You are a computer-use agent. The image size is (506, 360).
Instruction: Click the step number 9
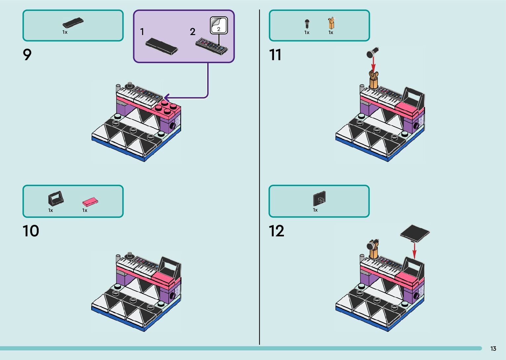(27, 55)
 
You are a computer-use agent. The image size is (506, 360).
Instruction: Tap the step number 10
(31, 231)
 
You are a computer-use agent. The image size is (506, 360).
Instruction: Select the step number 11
(275, 55)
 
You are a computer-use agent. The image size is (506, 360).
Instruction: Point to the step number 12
(276, 231)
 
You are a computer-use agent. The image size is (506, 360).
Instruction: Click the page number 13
(493, 349)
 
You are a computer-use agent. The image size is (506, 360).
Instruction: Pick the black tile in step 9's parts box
(73, 23)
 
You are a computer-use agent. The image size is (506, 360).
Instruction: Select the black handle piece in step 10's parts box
(56, 199)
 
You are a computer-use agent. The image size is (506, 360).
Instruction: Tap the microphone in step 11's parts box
(307, 24)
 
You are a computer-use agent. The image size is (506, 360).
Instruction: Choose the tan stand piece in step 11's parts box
(331, 23)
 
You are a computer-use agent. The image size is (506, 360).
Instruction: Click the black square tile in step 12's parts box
(319, 199)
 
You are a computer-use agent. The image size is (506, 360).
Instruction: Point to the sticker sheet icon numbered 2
(219, 25)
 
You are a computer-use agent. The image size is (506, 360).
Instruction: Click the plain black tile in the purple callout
(162, 46)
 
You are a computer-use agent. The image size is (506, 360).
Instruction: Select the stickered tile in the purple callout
(211, 46)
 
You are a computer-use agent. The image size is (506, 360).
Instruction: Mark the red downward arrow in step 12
(414, 250)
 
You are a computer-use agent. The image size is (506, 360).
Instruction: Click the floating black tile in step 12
(415, 233)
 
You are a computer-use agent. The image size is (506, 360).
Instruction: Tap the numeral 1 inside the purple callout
(142, 32)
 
